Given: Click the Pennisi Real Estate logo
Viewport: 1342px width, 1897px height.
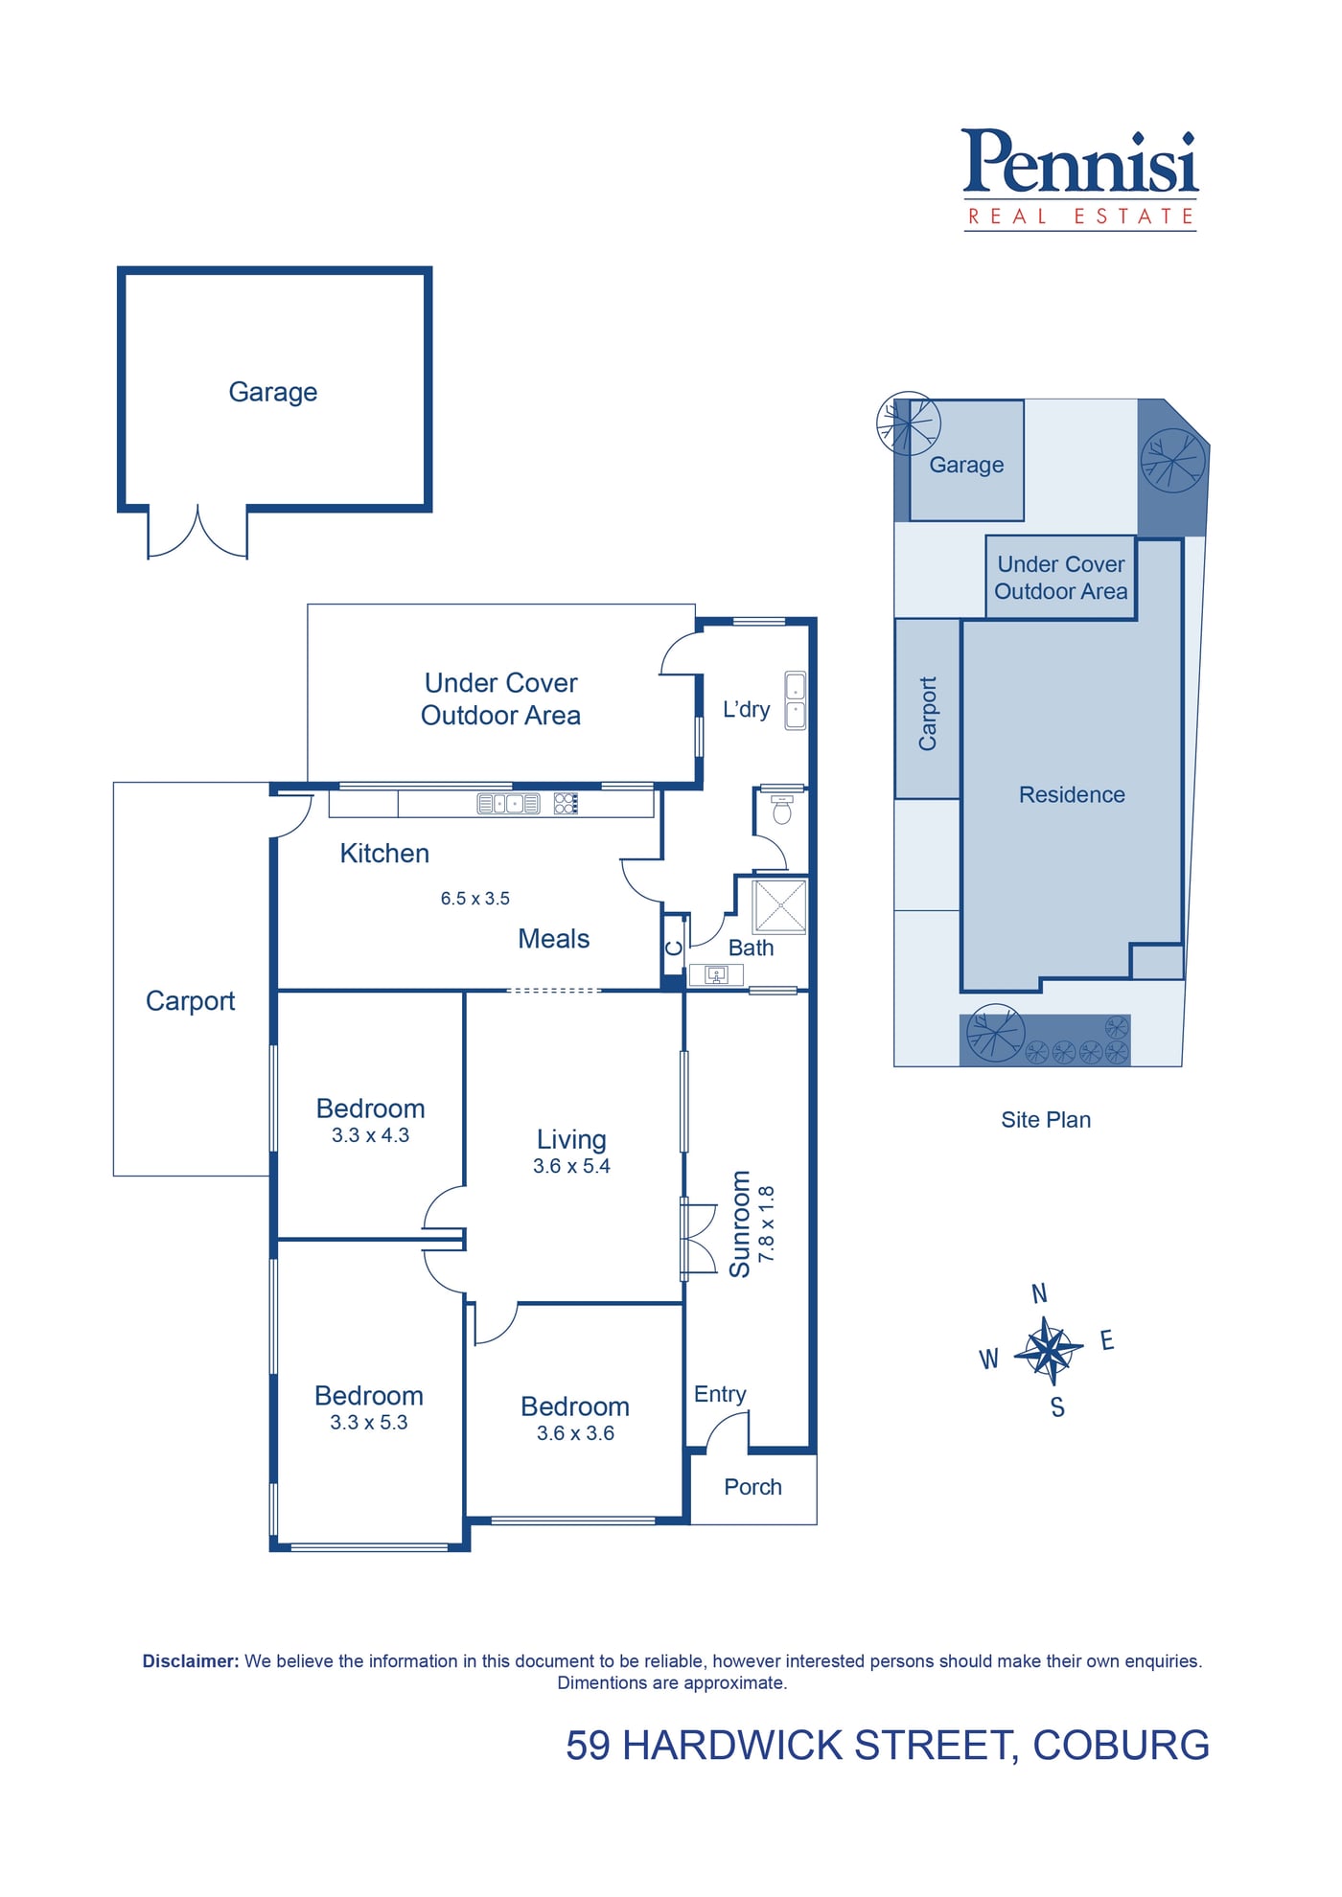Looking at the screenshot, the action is (x=1080, y=179).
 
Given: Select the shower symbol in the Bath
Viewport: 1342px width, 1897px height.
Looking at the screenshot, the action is (x=780, y=906).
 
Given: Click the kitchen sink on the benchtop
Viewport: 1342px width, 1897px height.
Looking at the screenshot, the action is (x=509, y=804).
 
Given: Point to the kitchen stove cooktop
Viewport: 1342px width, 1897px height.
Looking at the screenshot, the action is (x=566, y=804).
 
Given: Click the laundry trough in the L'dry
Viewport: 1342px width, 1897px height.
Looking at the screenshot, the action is (x=796, y=701).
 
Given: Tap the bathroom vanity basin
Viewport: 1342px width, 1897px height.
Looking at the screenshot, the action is (x=716, y=975).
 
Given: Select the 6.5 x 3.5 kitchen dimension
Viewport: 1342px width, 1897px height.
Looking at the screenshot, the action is (x=475, y=899).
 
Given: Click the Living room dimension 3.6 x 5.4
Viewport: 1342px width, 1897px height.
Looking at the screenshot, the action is (x=572, y=1166).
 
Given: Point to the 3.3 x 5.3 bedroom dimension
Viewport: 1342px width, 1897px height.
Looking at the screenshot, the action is (x=369, y=1423).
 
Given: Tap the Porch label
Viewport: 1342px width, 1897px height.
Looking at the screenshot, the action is (x=753, y=1487).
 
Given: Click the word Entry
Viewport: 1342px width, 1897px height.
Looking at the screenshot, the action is (x=720, y=1395).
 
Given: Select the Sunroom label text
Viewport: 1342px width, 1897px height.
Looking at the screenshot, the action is (x=740, y=1223).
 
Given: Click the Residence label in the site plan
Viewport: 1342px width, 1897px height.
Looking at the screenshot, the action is (x=1072, y=794).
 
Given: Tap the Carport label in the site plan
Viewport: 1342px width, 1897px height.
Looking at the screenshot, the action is (x=928, y=714).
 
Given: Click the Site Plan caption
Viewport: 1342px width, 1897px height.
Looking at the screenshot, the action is (x=1046, y=1120).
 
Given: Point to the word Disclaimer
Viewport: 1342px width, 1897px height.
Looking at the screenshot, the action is (x=191, y=1661).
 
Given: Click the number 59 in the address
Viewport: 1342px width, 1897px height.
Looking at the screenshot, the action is (x=588, y=1746).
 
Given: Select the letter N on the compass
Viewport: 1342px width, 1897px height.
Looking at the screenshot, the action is (x=1039, y=1293).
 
